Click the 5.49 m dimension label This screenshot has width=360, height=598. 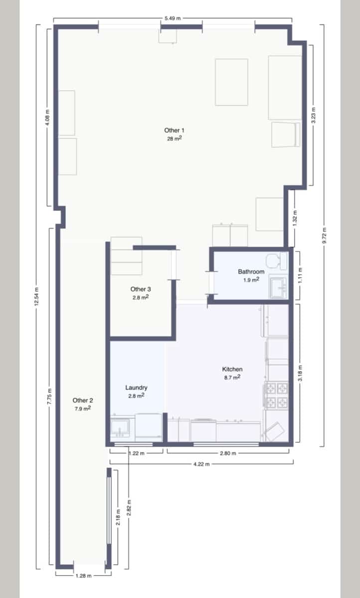pyautogui.click(x=173, y=18)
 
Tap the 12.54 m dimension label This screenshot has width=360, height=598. pyautogui.click(x=36, y=297)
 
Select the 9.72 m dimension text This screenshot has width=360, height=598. pyautogui.click(x=324, y=235)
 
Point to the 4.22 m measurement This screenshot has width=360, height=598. pyautogui.click(x=201, y=464)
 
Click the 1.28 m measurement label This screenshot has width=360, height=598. pyautogui.click(x=83, y=576)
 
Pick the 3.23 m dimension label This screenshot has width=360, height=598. pyautogui.click(x=314, y=115)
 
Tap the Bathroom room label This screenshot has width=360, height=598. pyautogui.click(x=251, y=272)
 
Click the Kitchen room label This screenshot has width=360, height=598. pyautogui.click(x=232, y=369)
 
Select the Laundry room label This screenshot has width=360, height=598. pyautogui.click(x=136, y=388)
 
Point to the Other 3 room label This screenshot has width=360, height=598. pyautogui.click(x=141, y=289)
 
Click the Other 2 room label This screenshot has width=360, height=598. pyautogui.click(x=83, y=401)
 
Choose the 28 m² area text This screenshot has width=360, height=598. pyautogui.click(x=175, y=139)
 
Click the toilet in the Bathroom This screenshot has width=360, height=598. pyautogui.click(x=276, y=261)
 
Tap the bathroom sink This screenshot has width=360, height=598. pyautogui.click(x=279, y=288)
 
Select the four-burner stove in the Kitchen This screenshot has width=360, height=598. pyautogui.click(x=276, y=395)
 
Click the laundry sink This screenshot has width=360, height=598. pyautogui.click(x=120, y=427)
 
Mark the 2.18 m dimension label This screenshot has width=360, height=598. pyautogui.click(x=118, y=517)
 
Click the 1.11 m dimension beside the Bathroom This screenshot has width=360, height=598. pyautogui.click(x=300, y=275)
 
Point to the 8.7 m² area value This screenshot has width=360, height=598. pyautogui.click(x=232, y=378)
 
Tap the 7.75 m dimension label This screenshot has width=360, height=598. pyautogui.click(x=49, y=397)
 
